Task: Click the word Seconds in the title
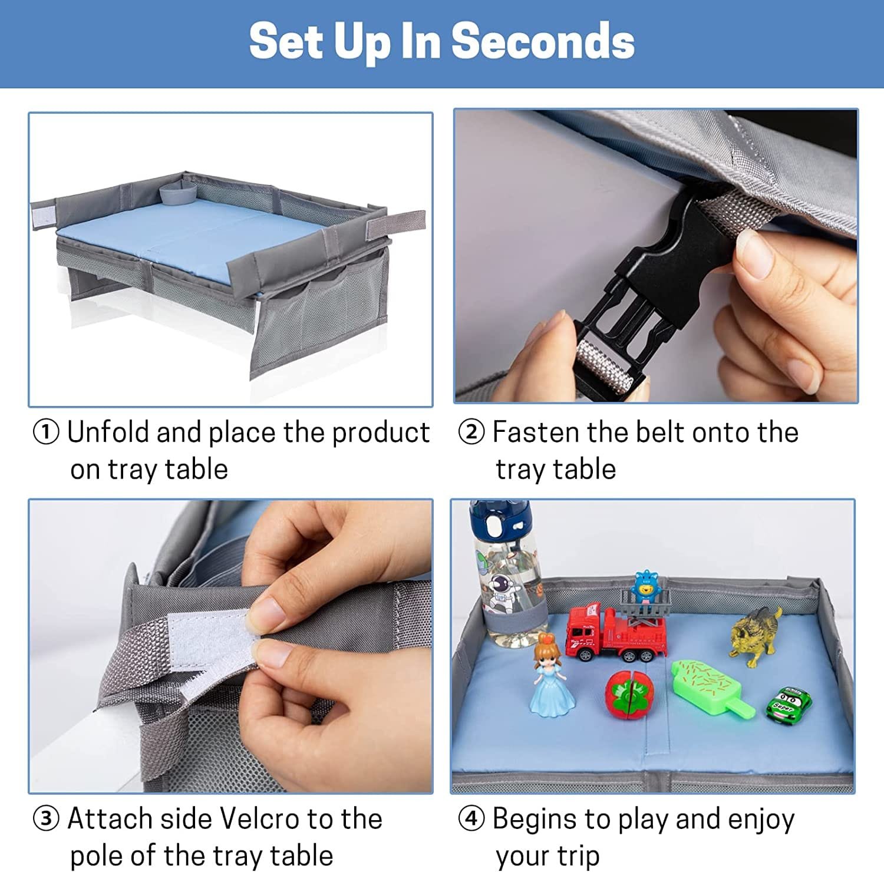pyautogui.click(x=543, y=41)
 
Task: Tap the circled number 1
pyautogui.click(x=46, y=432)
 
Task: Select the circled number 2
pyautogui.click(x=471, y=432)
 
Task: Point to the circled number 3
pyautogui.click(x=46, y=819)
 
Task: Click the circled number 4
pyautogui.click(x=471, y=819)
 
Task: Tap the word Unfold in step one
pyautogui.click(x=108, y=432)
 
